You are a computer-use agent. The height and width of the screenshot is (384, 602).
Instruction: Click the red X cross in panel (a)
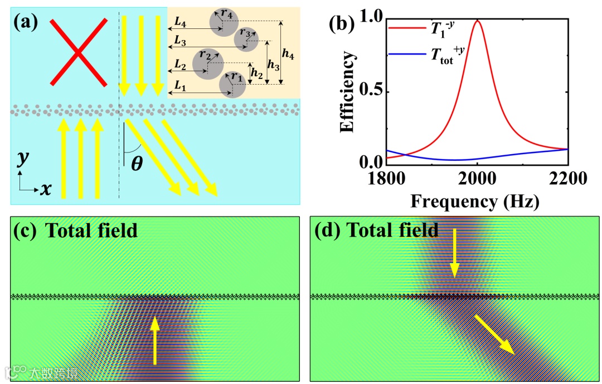[x=79, y=52]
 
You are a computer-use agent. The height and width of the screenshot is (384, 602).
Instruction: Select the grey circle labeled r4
[x=222, y=23]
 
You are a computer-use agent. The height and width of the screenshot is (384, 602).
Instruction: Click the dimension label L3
[x=179, y=41]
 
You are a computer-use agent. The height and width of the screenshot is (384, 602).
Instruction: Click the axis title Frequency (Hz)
[x=475, y=201]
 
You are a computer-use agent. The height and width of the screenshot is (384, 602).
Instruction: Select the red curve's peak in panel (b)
[x=477, y=21]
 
